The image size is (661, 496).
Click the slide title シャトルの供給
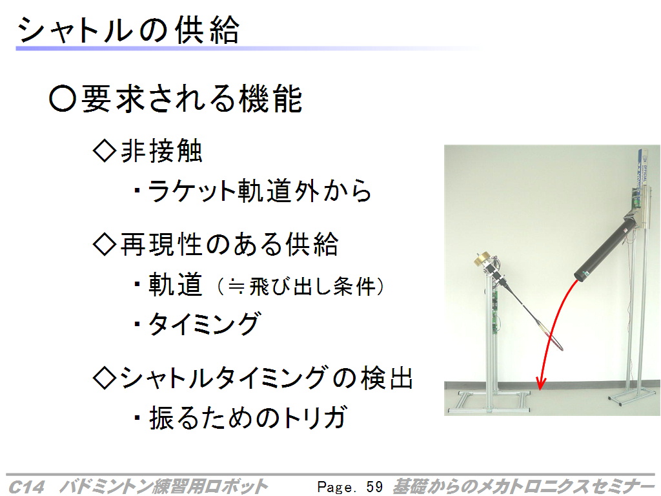pyautogui.click(x=128, y=30)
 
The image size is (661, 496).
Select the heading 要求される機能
pyautogui.click(x=192, y=99)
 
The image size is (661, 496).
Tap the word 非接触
pyautogui.click(x=161, y=150)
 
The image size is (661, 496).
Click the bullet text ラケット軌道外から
pyautogui.click(x=259, y=191)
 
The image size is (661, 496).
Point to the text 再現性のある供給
pyautogui.click(x=229, y=244)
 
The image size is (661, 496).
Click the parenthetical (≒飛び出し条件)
pyautogui.click(x=301, y=287)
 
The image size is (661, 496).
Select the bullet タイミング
pyautogui.click(x=205, y=324)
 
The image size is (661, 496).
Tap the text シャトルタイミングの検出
pyautogui.click(x=267, y=377)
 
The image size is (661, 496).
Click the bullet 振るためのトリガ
pyautogui.click(x=249, y=418)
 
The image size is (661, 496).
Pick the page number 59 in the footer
pyautogui.click(x=374, y=486)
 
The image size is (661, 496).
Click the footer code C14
pyautogui.click(x=26, y=487)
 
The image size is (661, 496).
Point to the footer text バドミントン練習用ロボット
pyautogui.click(x=163, y=486)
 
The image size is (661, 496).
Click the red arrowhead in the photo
pyautogui.click(x=541, y=384)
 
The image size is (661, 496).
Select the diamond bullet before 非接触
pyautogui.click(x=105, y=151)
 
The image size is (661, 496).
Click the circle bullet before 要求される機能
pyautogui.click(x=63, y=99)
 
